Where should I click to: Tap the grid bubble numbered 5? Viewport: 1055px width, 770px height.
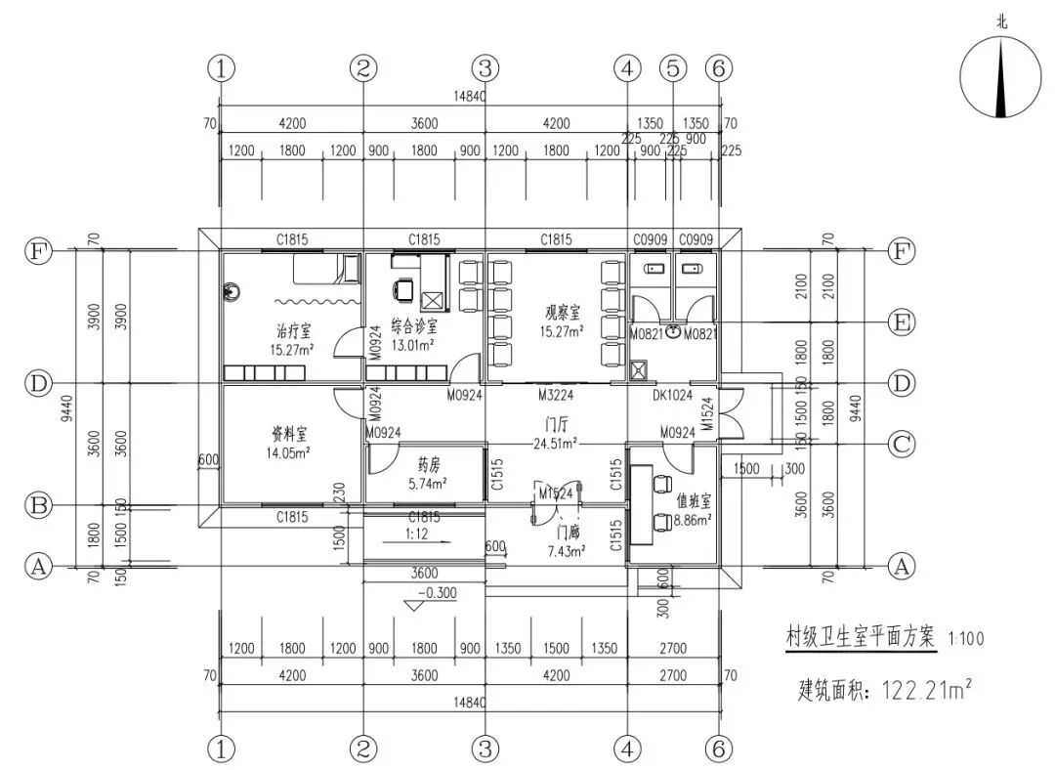(x=672, y=68)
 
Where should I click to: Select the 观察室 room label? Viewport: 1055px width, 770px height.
(x=563, y=313)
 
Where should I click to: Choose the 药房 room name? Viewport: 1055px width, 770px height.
(x=426, y=464)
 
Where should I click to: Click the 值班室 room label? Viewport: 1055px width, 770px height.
(x=693, y=499)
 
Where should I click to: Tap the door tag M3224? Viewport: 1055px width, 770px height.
(x=554, y=396)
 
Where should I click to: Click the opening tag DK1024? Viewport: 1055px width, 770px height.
(x=672, y=396)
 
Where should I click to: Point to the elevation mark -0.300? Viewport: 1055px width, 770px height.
(x=436, y=593)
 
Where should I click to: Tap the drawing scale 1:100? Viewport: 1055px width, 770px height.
(x=966, y=639)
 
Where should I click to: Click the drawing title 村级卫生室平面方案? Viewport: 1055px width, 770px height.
(x=861, y=637)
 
